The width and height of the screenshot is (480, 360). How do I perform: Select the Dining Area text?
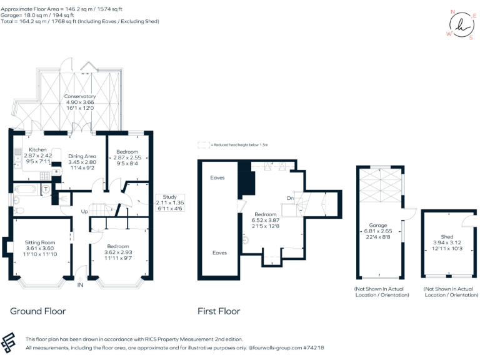click(82, 156)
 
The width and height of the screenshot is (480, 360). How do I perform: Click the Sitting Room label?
click(40, 242)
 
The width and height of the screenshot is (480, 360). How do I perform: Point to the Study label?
click(169, 197)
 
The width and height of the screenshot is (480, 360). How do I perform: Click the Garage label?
click(377, 225)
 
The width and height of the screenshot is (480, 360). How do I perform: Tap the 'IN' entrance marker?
click(80, 285)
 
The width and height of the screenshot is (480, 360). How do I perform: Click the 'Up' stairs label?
click(84, 211)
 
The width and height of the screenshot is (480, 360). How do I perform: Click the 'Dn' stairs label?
click(290, 198)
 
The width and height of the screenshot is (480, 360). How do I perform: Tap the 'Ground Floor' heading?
click(37, 311)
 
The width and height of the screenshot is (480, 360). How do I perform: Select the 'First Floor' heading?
click(219, 311)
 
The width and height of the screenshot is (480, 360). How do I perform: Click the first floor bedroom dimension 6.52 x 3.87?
click(266, 220)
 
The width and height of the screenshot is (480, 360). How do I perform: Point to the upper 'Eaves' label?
click(218, 177)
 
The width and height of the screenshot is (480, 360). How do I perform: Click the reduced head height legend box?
click(202, 144)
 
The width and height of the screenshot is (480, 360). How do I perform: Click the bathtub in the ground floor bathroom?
click(26, 188)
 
